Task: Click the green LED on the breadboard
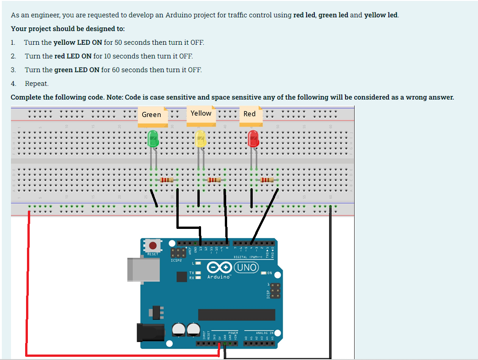(x=153, y=138)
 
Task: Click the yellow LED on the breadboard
(x=200, y=139)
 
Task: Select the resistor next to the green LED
(x=168, y=180)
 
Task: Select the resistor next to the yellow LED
(x=214, y=180)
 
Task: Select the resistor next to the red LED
(x=267, y=180)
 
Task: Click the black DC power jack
(x=148, y=332)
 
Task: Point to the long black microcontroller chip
(x=236, y=314)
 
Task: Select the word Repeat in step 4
(x=37, y=84)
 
